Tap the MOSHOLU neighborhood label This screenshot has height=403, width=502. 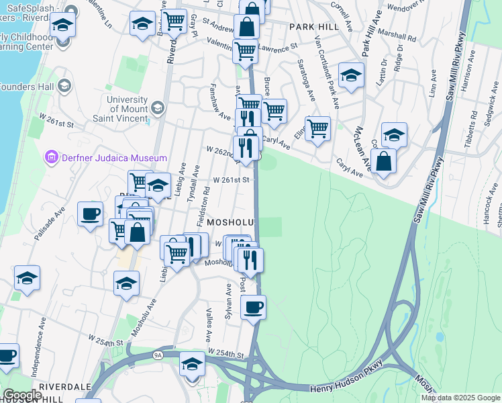click(x=232, y=222)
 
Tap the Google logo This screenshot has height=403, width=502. click(x=22, y=395)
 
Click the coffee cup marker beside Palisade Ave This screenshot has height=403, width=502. click(x=90, y=215)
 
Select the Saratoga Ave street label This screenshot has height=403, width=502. click(x=310, y=80)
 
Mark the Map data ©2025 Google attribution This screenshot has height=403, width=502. click(x=460, y=398)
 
